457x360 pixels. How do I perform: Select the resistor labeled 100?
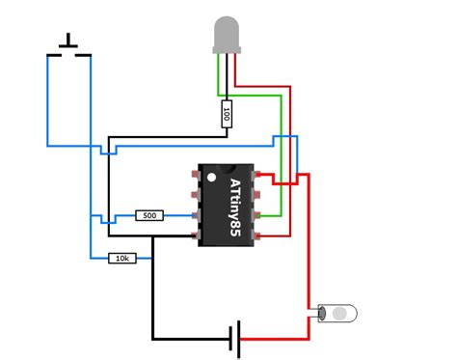tap(227, 114)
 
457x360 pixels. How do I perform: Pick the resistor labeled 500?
tap(149, 215)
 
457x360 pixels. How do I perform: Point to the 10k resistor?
tap(122, 258)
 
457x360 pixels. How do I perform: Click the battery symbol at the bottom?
tap(234, 339)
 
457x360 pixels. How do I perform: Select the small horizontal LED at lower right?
tap(337, 314)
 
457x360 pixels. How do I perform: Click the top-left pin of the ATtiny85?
tap(196, 177)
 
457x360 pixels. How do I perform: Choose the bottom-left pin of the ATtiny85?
tap(196, 235)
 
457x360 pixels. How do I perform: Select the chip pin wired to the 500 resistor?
tap(196, 215)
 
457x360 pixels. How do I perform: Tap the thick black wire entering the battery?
tap(193, 339)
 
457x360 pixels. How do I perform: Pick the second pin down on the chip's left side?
tap(196, 196)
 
